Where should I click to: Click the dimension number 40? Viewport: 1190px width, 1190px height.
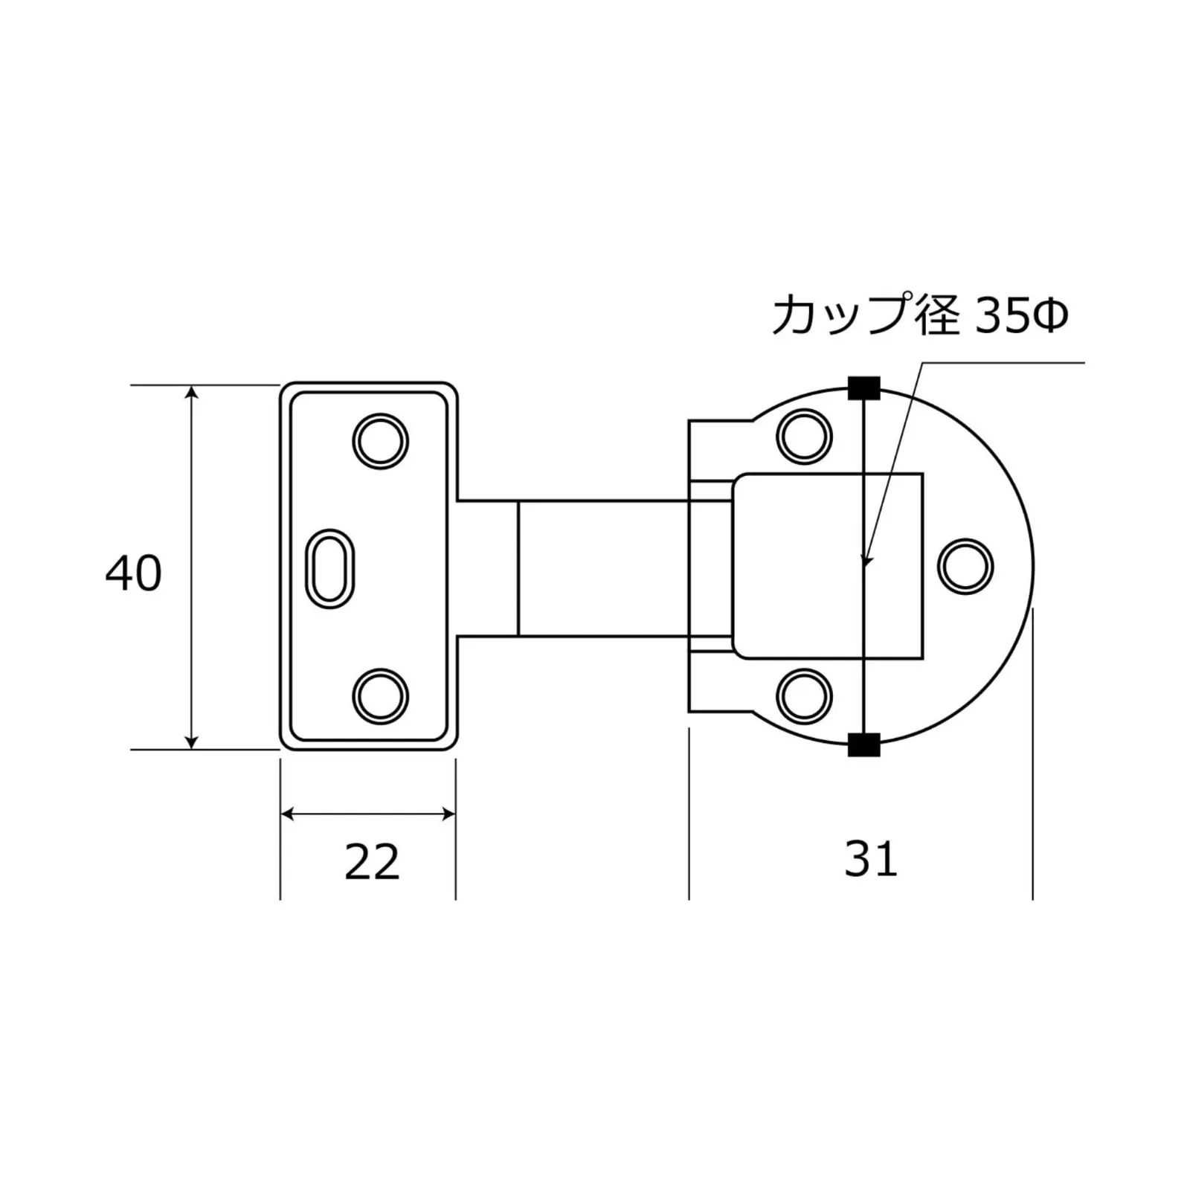point(134,574)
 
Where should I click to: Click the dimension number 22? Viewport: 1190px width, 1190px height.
point(372,863)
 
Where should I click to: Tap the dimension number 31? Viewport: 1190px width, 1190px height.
point(871,859)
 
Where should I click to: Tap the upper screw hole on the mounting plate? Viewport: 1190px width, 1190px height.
point(380,441)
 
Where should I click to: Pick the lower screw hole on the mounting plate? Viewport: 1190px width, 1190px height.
point(380,696)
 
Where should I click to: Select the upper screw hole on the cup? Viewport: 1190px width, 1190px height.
point(804,436)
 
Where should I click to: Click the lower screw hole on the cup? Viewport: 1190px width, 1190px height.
point(804,695)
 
